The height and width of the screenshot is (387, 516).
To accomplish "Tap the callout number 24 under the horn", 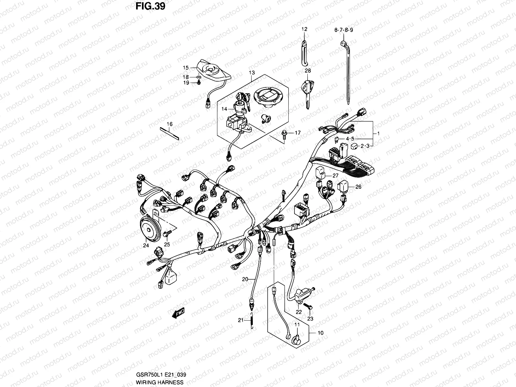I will tap(146, 245).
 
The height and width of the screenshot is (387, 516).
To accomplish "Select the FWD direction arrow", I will tap(178, 312).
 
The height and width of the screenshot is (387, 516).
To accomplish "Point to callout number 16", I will tap(170, 124).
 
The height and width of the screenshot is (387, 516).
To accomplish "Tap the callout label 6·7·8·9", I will tap(343, 30).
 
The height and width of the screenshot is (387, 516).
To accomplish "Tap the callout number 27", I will tap(335, 176).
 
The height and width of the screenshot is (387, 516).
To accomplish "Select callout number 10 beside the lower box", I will tap(320, 332).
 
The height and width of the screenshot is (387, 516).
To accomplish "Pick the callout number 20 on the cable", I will tap(245, 279).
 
